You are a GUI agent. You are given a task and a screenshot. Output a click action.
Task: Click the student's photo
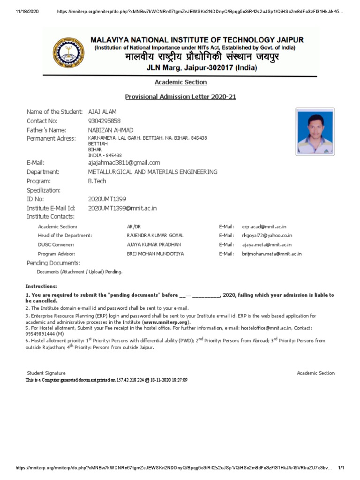[x=315, y=131]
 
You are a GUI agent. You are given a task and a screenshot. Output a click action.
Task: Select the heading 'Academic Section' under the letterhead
[x=180, y=82]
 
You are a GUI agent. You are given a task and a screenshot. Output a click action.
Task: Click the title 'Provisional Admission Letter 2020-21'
[x=180, y=97]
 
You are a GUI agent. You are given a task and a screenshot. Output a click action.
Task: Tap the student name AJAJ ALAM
[x=102, y=112]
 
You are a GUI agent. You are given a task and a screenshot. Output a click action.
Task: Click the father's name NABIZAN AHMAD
[x=111, y=130]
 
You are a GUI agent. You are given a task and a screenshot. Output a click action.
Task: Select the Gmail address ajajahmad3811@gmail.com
[x=124, y=162]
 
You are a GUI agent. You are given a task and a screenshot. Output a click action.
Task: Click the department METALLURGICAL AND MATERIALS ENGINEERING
[x=152, y=172]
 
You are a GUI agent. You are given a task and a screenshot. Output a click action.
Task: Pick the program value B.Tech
[x=97, y=181]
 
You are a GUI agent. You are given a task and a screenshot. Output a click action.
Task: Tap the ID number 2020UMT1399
[x=107, y=199]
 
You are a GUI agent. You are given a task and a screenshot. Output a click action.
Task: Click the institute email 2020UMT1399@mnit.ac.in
[x=122, y=208]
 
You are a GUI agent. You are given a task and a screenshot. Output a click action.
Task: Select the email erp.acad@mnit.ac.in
[x=264, y=226]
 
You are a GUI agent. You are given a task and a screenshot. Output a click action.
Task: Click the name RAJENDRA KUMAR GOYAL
[x=155, y=235]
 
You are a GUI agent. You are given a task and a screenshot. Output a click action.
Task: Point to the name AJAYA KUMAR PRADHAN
[x=154, y=245]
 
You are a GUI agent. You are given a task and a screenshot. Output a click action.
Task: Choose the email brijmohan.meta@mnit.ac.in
[x=272, y=254]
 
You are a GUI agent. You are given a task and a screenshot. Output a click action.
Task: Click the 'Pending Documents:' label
[x=53, y=263]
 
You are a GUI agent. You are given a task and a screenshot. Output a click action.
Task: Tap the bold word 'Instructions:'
[x=41, y=286]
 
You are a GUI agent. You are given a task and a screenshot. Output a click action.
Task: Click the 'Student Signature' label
[x=46, y=373]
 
